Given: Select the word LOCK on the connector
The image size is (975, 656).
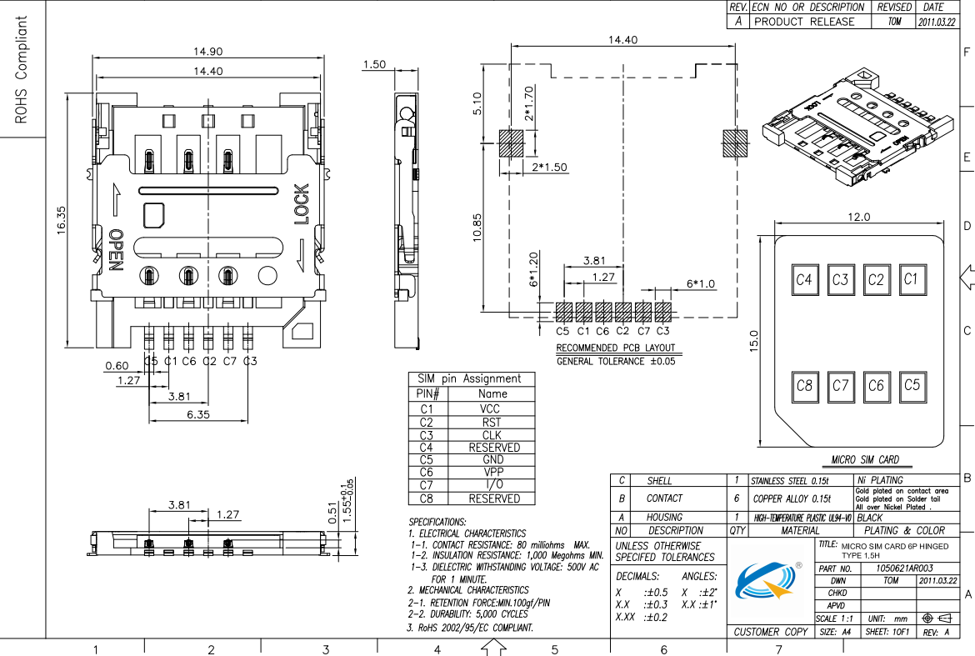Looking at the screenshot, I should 301,204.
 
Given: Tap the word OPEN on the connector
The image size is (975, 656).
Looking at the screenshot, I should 116,251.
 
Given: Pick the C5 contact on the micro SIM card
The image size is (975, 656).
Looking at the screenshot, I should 912,385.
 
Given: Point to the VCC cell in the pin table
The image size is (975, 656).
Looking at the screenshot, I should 491,409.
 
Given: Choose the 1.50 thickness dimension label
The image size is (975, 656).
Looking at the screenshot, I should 375,65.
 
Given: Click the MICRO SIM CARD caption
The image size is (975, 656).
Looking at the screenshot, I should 865,460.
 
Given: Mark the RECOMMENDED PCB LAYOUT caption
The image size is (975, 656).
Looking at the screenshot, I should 615,348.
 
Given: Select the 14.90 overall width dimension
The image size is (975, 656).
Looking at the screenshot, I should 208,52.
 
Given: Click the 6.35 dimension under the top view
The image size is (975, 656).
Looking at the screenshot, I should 197,414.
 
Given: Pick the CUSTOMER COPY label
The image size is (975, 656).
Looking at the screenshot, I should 771,633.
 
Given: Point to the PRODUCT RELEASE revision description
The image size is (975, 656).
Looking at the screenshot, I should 804,22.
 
